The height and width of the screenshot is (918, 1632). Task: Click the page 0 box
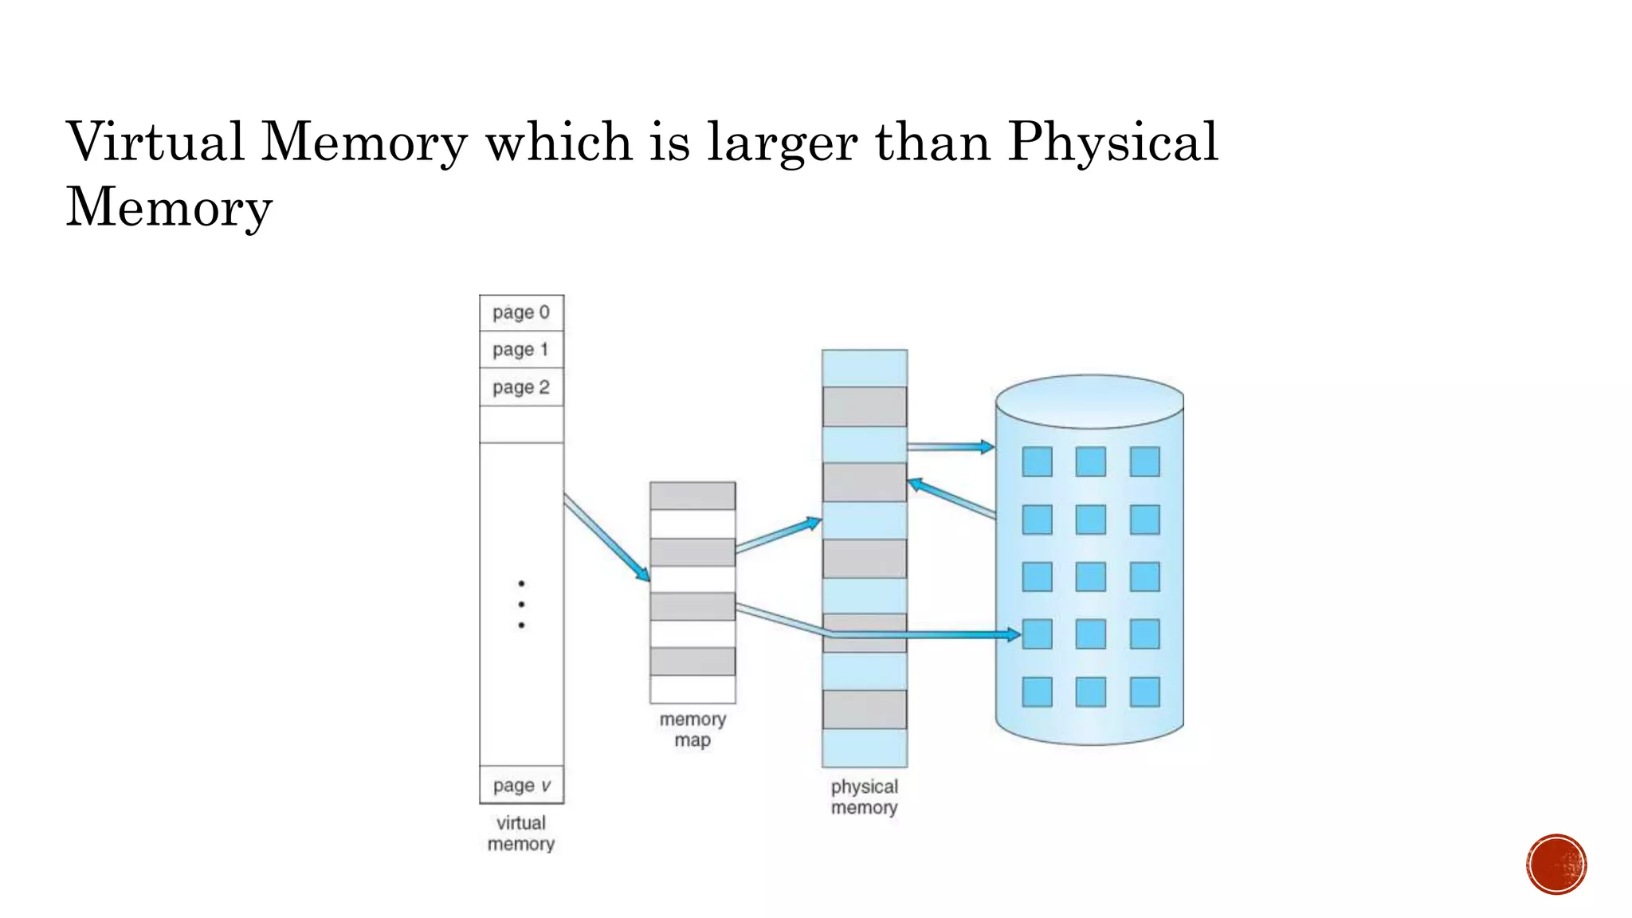[x=521, y=312]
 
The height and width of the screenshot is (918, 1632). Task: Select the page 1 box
[x=521, y=349]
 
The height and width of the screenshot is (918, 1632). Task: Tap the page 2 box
[x=521, y=387]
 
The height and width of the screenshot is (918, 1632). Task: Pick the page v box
[x=521, y=785]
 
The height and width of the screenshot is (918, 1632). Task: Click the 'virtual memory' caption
[x=521, y=833]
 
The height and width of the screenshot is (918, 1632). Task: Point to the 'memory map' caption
[x=692, y=729]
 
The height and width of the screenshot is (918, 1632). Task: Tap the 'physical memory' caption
[x=865, y=796]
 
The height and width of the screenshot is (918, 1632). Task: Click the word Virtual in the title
[x=155, y=142]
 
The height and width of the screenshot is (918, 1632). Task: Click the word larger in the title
[x=783, y=143]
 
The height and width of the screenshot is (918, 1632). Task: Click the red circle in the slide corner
[x=1556, y=865]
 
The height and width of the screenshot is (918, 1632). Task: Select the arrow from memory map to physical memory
[x=778, y=535]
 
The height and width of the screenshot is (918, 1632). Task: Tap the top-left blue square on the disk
[x=1037, y=461]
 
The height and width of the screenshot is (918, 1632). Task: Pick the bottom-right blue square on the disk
[x=1144, y=692]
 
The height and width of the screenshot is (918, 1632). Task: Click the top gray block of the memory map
[x=692, y=496]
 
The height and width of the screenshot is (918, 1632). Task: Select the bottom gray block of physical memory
[x=865, y=709]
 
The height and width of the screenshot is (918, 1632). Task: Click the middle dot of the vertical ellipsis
[x=521, y=604]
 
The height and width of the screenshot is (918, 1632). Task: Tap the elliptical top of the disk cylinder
[x=1089, y=401]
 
